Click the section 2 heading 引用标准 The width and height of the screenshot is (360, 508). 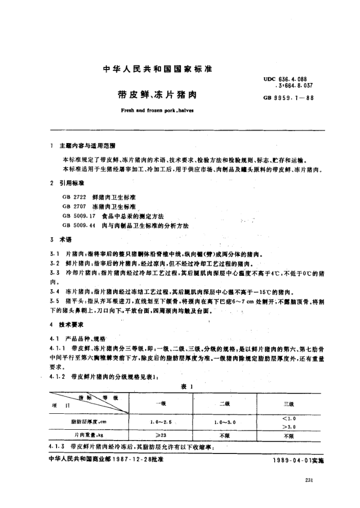tap(74, 183)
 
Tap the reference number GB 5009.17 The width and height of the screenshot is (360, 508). tap(77, 216)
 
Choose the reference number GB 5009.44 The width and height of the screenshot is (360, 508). tap(77, 225)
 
